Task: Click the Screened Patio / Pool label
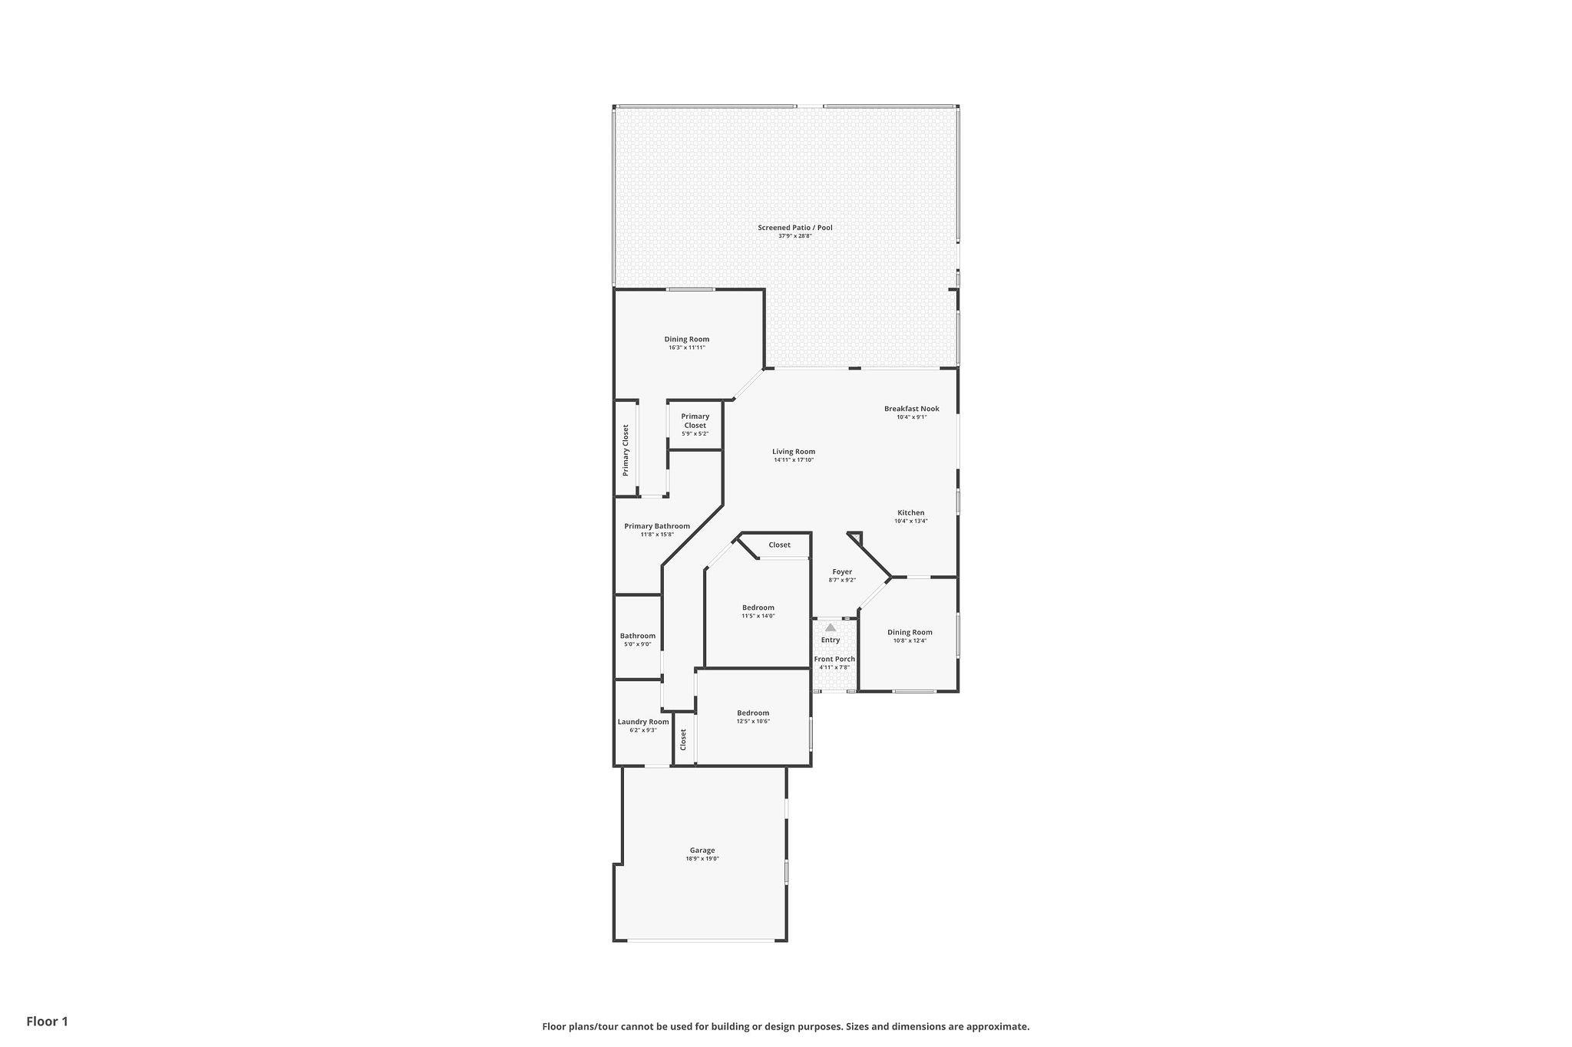pos(794,228)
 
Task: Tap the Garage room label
pos(702,850)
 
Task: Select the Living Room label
pos(794,452)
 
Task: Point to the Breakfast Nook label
pos(912,409)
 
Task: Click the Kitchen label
pos(911,513)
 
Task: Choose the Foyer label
pos(842,572)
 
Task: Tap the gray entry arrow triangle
pos(831,627)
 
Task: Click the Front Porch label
pos(834,659)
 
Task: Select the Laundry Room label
pos(643,722)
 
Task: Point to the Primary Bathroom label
pos(657,526)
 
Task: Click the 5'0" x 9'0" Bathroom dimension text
pos(638,644)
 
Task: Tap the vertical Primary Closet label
pos(626,450)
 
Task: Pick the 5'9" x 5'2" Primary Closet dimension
pos(695,434)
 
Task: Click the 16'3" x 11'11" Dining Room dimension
pos(687,347)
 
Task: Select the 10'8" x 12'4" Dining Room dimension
pos(910,640)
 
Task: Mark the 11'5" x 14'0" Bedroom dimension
pos(758,616)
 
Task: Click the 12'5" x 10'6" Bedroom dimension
pos(753,721)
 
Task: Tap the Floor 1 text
pos(48,1021)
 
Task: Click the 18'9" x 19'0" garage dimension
pos(702,859)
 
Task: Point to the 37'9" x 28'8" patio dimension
pos(795,236)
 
